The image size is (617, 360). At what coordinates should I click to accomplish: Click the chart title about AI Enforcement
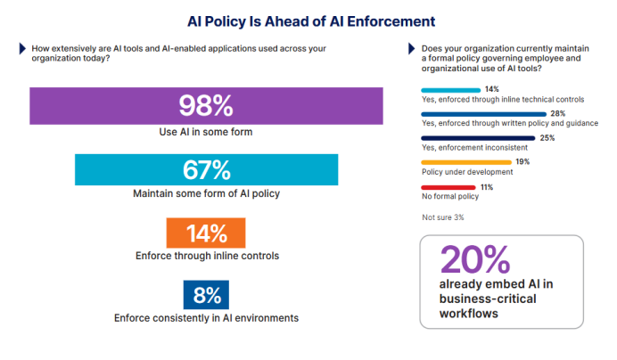point(311,21)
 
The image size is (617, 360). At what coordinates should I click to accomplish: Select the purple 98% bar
point(206,106)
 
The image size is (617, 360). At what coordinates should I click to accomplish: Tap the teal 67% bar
point(206,169)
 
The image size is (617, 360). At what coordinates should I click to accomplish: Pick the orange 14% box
point(206,233)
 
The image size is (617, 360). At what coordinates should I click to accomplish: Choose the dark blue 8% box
point(206,295)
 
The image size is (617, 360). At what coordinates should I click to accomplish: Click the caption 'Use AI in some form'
point(206,132)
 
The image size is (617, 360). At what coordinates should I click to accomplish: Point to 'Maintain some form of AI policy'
point(206,193)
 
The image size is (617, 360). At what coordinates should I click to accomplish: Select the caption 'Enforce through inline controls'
point(207,256)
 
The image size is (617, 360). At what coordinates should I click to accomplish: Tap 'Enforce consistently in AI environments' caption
point(206,318)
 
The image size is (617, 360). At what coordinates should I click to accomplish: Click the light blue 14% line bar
point(450,90)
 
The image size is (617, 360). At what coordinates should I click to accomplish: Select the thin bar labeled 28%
point(483,114)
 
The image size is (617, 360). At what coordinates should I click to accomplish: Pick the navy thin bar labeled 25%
point(478,138)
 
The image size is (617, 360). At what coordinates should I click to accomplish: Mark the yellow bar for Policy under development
point(466,162)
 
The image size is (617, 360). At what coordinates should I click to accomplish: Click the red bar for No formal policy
point(448,187)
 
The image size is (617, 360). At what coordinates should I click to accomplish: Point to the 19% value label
point(522,161)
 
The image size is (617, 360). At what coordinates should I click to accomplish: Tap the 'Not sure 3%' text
point(442,217)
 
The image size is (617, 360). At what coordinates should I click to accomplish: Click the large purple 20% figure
point(475,259)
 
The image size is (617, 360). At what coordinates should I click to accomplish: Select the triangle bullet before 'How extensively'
point(22,48)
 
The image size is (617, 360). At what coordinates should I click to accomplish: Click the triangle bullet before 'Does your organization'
point(412,48)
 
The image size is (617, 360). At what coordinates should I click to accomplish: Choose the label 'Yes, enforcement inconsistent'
point(474,148)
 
